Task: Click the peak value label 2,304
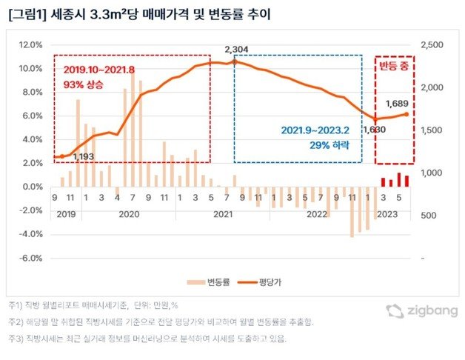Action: coord(235,50)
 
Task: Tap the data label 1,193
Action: coord(84,157)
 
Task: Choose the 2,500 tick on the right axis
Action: coord(430,44)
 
